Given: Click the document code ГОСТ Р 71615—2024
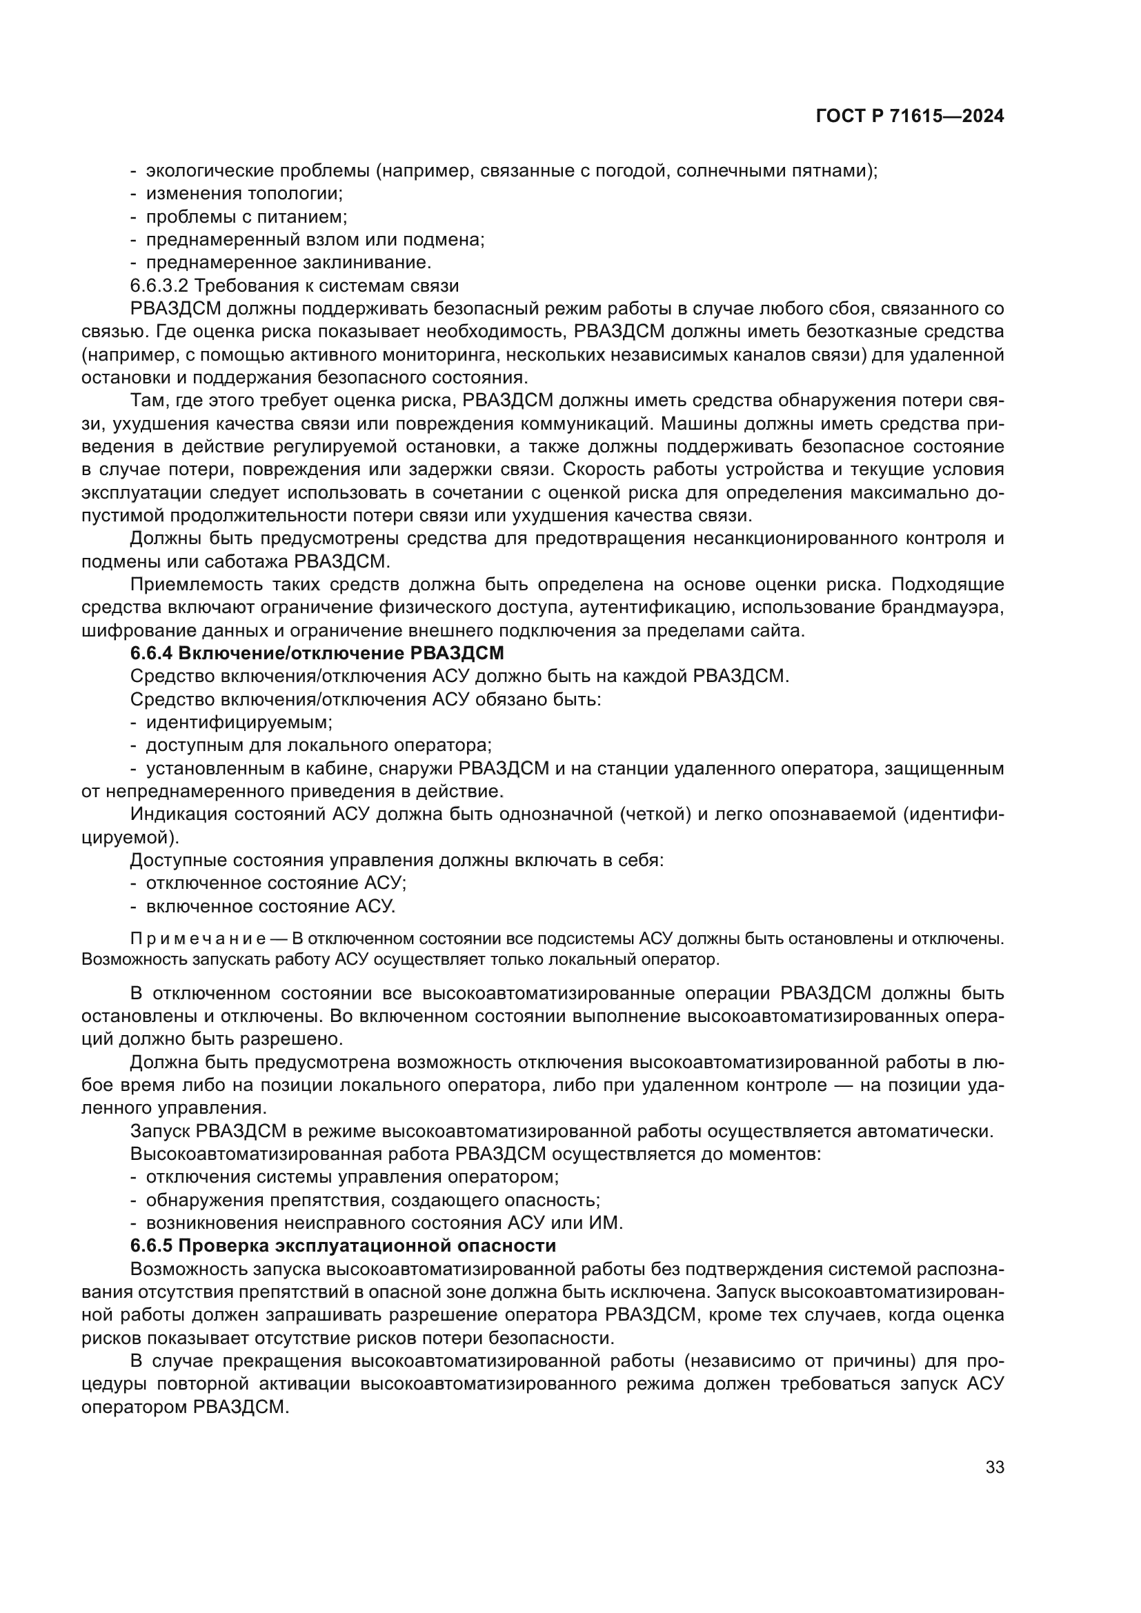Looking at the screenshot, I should [910, 117].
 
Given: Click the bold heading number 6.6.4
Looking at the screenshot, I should [150, 653].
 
